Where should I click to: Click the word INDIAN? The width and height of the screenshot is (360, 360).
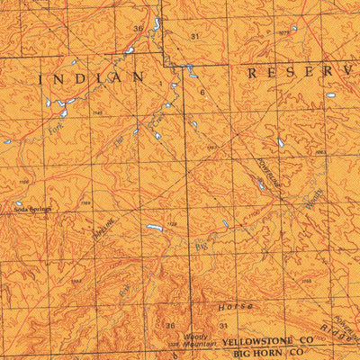click(x=92, y=79)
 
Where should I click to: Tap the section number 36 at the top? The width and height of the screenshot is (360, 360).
click(x=138, y=29)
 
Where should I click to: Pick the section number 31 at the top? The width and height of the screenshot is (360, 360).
click(x=194, y=36)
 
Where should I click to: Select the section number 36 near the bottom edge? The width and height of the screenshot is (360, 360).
click(x=169, y=325)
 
